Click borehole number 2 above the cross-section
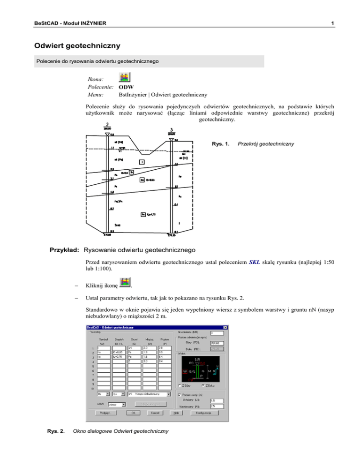tap(108, 125)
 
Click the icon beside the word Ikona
tap(125, 77)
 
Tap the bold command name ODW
tap(126, 87)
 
